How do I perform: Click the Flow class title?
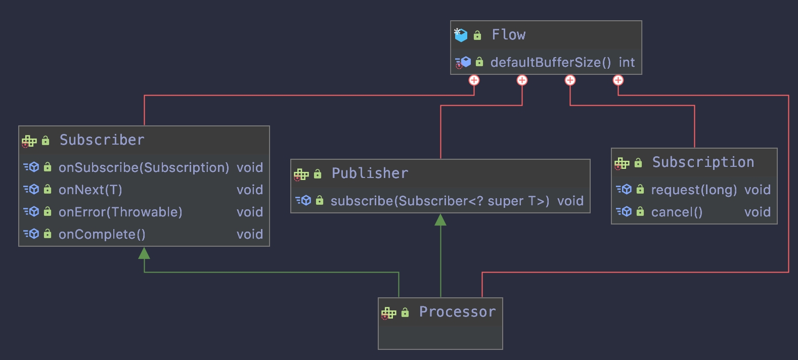click(x=508, y=35)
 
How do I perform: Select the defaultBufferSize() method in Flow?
click(x=550, y=62)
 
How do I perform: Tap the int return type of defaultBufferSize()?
click(x=627, y=62)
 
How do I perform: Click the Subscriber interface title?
click(x=102, y=140)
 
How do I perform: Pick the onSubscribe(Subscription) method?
click(x=144, y=167)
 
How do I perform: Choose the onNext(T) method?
click(x=91, y=190)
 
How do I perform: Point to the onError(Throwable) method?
click(x=120, y=212)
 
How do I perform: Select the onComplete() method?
click(x=102, y=234)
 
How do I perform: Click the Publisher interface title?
click(x=370, y=173)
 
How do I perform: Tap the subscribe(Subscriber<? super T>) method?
click(x=439, y=201)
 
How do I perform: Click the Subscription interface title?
click(x=703, y=162)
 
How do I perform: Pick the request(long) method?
click(x=694, y=190)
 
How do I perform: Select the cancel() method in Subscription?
click(x=677, y=212)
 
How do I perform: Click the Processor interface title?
click(x=457, y=312)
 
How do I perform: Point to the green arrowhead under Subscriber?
click(x=144, y=253)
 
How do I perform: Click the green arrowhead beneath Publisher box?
click(x=440, y=219)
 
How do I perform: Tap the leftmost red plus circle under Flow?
click(x=474, y=80)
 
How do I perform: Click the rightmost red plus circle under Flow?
click(x=618, y=80)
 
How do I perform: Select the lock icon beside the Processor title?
click(x=405, y=313)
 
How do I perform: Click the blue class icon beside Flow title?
click(x=461, y=35)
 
